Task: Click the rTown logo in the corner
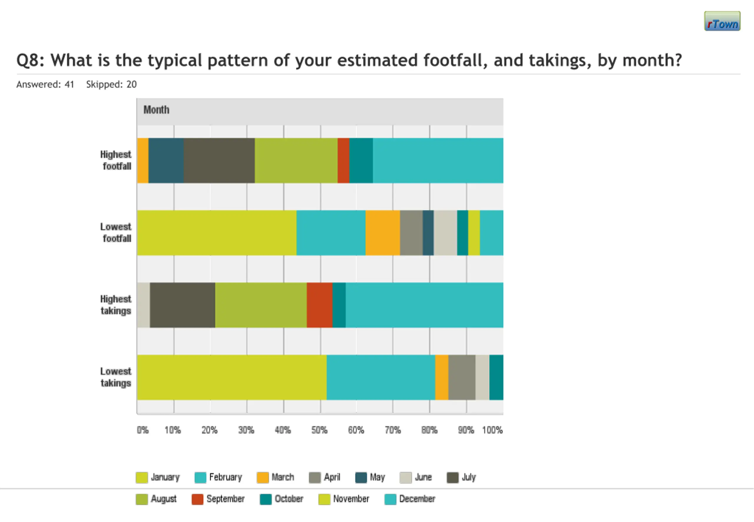click(x=722, y=21)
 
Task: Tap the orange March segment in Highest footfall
click(x=143, y=161)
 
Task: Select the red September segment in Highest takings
click(x=320, y=305)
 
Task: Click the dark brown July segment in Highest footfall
click(x=219, y=161)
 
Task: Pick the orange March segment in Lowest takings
click(x=442, y=377)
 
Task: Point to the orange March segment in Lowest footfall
click(x=383, y=232)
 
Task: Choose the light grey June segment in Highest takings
click(x=143, y=305)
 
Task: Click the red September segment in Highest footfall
click(x=343, y=161)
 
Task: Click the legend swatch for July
click(x=452, y=478)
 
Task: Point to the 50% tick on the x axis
click(x=320, y=430)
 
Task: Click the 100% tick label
click(x=492, y=430)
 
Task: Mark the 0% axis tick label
click(x=143, y=430)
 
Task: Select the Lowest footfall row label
click(x=116, y=232)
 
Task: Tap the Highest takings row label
click(x=116, y=305)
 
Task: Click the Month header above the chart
click(x=156, y=110)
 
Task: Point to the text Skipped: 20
click(x=111, y=84)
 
